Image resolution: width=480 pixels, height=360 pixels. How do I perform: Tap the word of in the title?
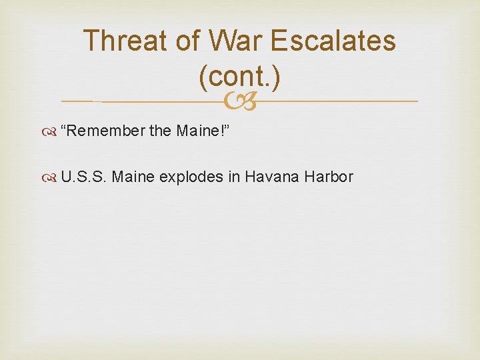point(192,41)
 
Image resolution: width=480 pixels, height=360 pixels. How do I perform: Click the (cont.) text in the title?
point(239,77)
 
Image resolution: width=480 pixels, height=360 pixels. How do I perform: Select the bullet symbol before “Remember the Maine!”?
point(52,131)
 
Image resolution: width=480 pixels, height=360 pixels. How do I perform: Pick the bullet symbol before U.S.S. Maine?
point(52,177)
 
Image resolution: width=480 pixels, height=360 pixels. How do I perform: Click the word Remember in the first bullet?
point(103,131)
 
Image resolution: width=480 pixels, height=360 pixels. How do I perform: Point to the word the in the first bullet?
point(160,131)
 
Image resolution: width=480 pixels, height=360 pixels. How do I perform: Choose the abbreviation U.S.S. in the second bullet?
point(84,177)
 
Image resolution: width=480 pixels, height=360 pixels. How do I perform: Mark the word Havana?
point(267,177)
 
